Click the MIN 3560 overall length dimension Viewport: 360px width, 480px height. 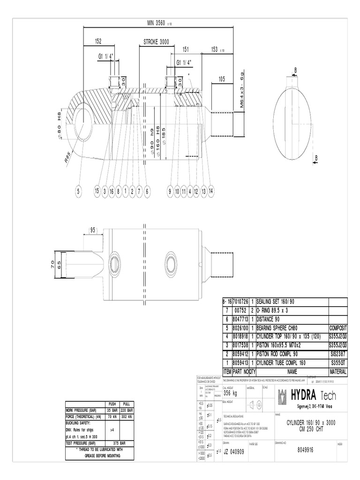coord(159,23)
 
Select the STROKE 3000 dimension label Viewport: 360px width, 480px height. coord(156,42)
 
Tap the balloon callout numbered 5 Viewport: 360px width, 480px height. coord(79,191)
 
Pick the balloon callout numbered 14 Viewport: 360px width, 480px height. coord(211,191)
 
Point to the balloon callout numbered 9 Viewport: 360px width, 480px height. coord(170,191)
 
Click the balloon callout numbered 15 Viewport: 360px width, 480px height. coord(97,191)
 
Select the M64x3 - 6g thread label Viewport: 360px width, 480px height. coord(242,90)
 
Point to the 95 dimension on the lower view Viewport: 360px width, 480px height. coord(93,230)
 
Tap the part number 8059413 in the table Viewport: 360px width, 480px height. coord(239,362)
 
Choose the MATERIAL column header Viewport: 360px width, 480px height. coord(337,371)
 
